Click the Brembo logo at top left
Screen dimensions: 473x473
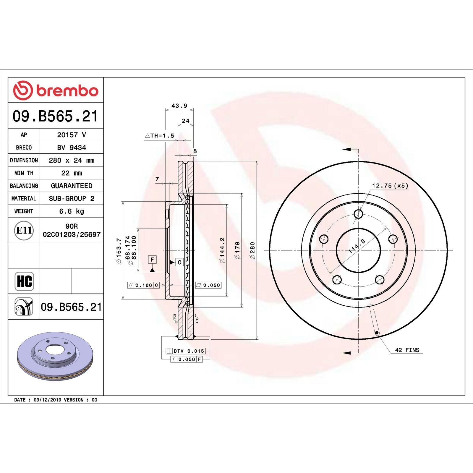click(x=56, y=90)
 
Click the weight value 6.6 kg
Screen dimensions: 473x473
click(x=72, y=211)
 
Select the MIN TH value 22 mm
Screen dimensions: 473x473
click(x=72, y=173)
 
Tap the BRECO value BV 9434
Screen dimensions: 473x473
click(x=72, y=148)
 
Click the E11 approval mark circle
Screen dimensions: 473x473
click(x=24, y=230)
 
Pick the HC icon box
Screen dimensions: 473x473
click(x=24, y=281)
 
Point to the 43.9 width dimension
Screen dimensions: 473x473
click(x=179, y=106)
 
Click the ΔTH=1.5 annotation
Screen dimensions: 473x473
click(x=160, y=136)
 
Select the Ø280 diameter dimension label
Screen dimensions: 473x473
click(x=252, y=251)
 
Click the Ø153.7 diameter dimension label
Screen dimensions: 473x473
click(x=119, y=251)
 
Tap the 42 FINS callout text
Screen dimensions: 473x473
click(x=407, y=350)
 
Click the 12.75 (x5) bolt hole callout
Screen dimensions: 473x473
click(x=390, y=186)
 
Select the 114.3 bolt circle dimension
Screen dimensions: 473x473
click(x=357, y=246)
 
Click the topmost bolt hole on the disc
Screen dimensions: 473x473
click(x=358, y=214)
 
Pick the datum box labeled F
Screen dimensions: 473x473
click(x=152, y=260)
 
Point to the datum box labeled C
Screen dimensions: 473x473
click(x=179, y=262)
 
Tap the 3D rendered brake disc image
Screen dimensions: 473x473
click(x=55, y=356)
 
